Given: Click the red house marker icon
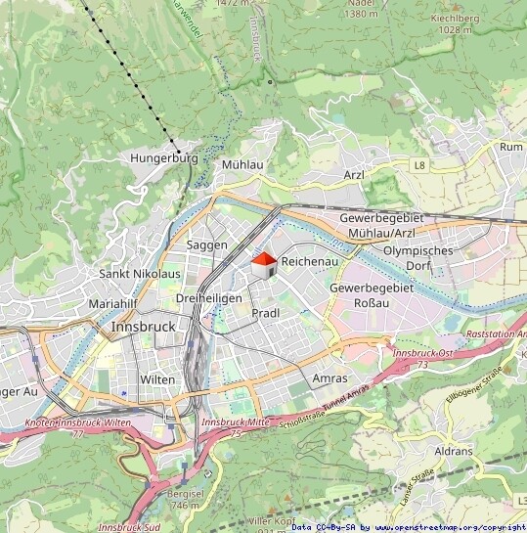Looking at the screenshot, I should (x=264, y=264).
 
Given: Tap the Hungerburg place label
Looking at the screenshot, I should (x=163, y=157).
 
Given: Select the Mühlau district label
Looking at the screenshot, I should (x=242, y=165).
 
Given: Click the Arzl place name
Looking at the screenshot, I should (x=354, y=175).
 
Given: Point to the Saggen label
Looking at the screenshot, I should (x=206, y=244).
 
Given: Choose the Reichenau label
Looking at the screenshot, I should (x=309, y=263).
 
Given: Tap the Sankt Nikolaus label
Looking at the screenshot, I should (x=140, y=274).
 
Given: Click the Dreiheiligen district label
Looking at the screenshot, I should (x=208, y=297).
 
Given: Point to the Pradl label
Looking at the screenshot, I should (x=265, y=313).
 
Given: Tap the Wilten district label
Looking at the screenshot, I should (x=157, y=379).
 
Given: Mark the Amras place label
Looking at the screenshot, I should (x=329, y=378).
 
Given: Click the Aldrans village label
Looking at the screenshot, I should (x=453, y=452).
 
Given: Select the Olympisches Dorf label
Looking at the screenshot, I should (x=418, y=258).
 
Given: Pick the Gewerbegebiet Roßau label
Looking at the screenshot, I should (x=373, y=296).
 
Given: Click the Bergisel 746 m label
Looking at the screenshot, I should (x=184, y=500).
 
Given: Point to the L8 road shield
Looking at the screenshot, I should (x=418, y=165).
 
